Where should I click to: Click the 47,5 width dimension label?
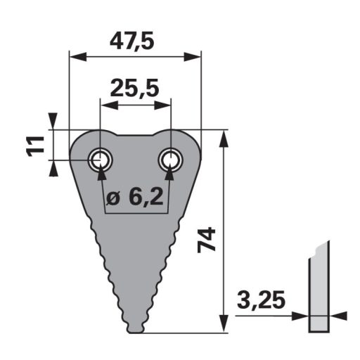132,42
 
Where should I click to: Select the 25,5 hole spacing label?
134,89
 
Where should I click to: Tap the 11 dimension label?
35,146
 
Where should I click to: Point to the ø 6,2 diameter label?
134,197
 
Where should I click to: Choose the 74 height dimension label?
206,240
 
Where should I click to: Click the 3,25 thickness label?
261,300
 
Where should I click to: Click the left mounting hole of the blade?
100,160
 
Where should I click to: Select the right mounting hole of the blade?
171,160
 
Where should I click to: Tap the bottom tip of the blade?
136,332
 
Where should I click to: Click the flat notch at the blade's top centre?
136,135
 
